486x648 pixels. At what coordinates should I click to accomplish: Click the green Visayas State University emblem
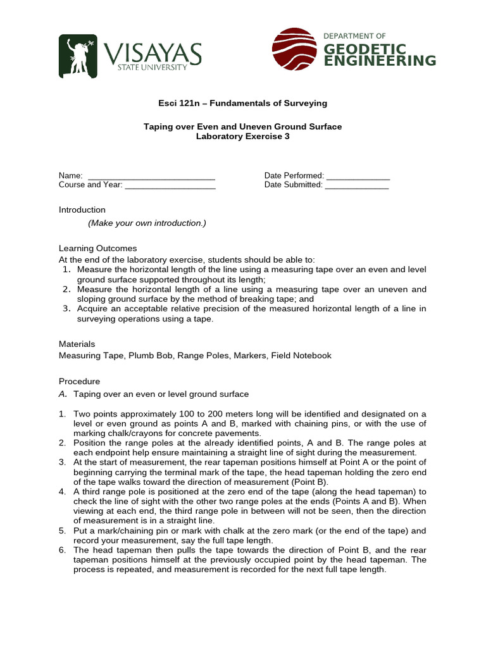78,56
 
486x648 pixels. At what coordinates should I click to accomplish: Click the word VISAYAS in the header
153,53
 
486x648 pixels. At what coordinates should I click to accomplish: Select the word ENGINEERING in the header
380,61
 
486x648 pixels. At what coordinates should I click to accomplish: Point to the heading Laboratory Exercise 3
243,136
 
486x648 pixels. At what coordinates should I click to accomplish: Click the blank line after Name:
151,176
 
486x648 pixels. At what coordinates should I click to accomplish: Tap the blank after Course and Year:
170,185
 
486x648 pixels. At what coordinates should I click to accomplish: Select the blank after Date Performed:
358,176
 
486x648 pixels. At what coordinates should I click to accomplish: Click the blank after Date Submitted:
357,185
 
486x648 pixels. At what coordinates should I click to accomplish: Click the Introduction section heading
82,210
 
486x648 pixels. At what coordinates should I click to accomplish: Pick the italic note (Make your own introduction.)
147,223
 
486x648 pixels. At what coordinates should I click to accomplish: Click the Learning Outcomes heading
97,248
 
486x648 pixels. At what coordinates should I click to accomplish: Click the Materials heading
77,344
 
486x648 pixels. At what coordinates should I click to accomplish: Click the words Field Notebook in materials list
301,356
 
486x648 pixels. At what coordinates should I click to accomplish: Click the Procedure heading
79,382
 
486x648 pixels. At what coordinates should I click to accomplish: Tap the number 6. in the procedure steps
63,550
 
